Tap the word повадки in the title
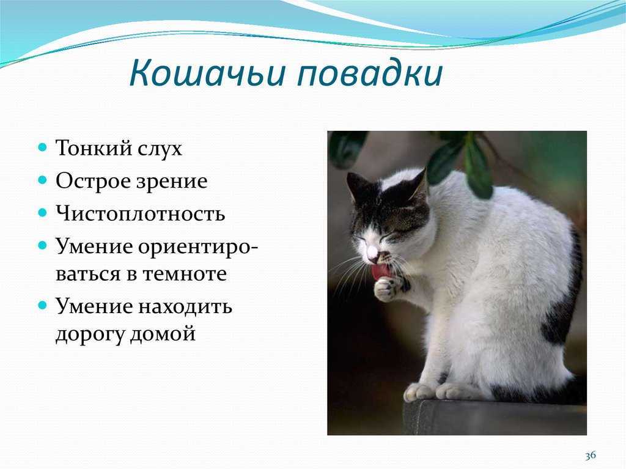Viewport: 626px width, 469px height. [x=370, y=73]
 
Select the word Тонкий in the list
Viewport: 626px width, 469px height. [x=94, y=148]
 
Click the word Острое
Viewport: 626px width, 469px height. [x=94, y=181]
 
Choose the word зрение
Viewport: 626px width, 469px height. [x=172, y=182]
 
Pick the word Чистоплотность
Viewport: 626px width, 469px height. [x=140, y=213]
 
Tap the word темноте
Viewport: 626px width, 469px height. [x=184, y=274]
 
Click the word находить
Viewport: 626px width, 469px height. [x=185, y=307]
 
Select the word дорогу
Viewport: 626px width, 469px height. [x=90, y=334]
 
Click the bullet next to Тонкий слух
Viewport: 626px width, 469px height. [x=43, y=147]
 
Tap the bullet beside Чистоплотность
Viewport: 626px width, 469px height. [x=43, y=213]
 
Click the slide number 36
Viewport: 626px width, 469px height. [x=591, y=455]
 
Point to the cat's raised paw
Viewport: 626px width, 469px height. [x=387, y=289]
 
